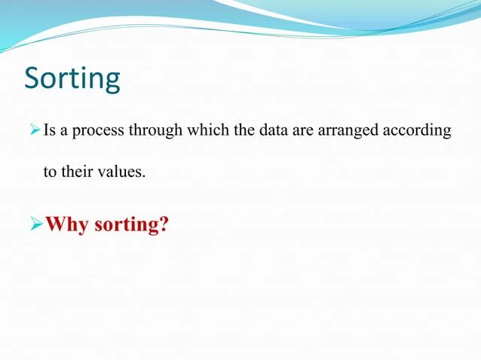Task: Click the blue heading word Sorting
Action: (72, 79)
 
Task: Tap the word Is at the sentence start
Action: (49, 130)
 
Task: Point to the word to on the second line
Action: (49, 172)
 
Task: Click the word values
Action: (121, 172)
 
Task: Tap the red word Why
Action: (68, 225)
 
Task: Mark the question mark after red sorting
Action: (162, 224)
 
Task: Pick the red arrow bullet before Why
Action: (35, 224)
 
